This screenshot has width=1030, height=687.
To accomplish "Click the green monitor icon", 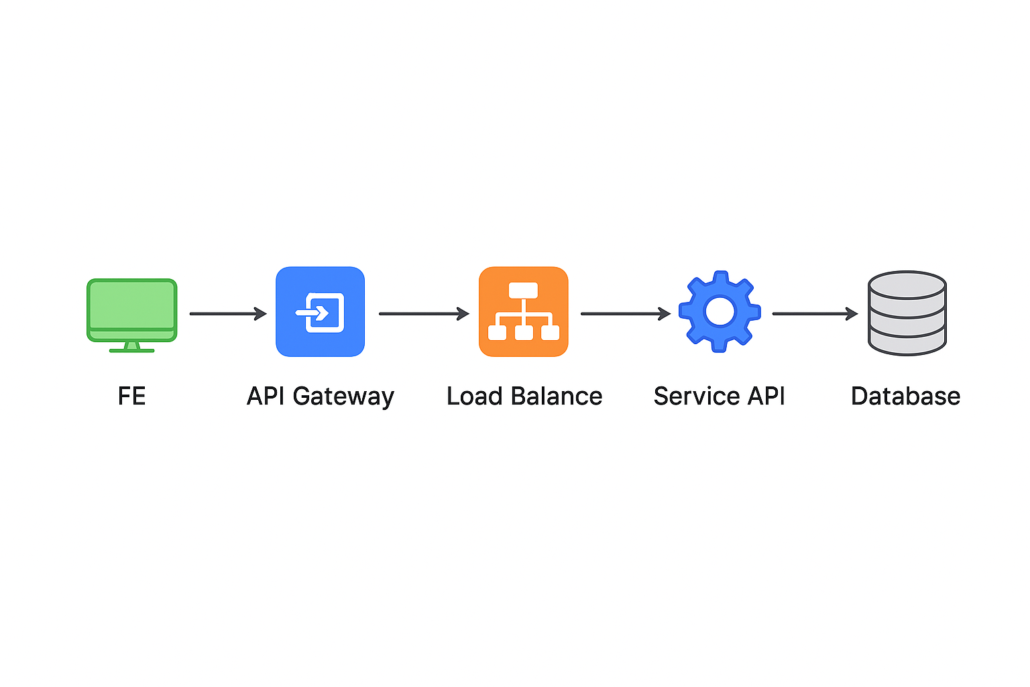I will click(x=131, y=310).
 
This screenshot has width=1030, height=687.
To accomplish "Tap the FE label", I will click(x=131, y=396).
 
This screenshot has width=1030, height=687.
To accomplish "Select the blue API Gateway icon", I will click(x=320, y=312).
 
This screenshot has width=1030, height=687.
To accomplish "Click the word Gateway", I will click(x=343, y=397).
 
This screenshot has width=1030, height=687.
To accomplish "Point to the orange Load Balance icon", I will click(x=523, y=312).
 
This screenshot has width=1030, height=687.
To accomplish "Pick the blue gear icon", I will click(x=720, y=312).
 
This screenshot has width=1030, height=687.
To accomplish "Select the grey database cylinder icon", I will click(x=907, y=313).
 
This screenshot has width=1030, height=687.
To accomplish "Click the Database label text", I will click(x=905, y=396).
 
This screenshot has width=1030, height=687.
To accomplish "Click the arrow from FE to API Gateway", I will click(x=227, y=313).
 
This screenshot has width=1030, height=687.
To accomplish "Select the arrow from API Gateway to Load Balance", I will click(x=423, y=313).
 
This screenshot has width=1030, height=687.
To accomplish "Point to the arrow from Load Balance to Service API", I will click(x=625, y=313).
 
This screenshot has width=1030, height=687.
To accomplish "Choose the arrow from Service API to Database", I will click(x=814, y=313).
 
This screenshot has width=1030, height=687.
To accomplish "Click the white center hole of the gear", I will click(x=720, y=311).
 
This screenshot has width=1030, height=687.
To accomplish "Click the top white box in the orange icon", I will click(x=523, y=290).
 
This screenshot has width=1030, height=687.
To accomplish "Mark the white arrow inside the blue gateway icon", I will click(x=312, y=313).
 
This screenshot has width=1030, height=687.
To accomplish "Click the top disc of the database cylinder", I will click(x=907, y=284).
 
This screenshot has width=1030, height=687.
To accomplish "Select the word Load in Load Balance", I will click(x=474, y=396).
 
